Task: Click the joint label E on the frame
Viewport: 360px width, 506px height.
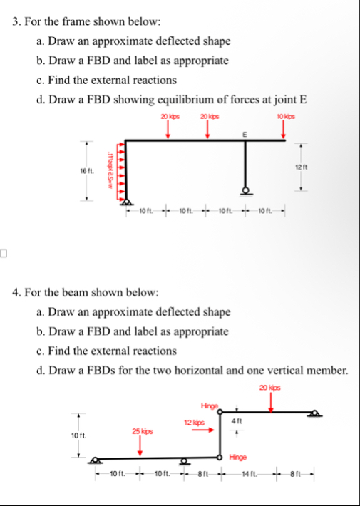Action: click(245, 133)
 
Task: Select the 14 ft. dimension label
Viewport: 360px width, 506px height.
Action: click(250, 475)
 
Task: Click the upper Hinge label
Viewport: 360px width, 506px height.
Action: click(211, 404)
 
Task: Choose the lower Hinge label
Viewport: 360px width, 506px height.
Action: click(238, 457)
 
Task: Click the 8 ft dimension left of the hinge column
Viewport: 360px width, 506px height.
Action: click(201, 475)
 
